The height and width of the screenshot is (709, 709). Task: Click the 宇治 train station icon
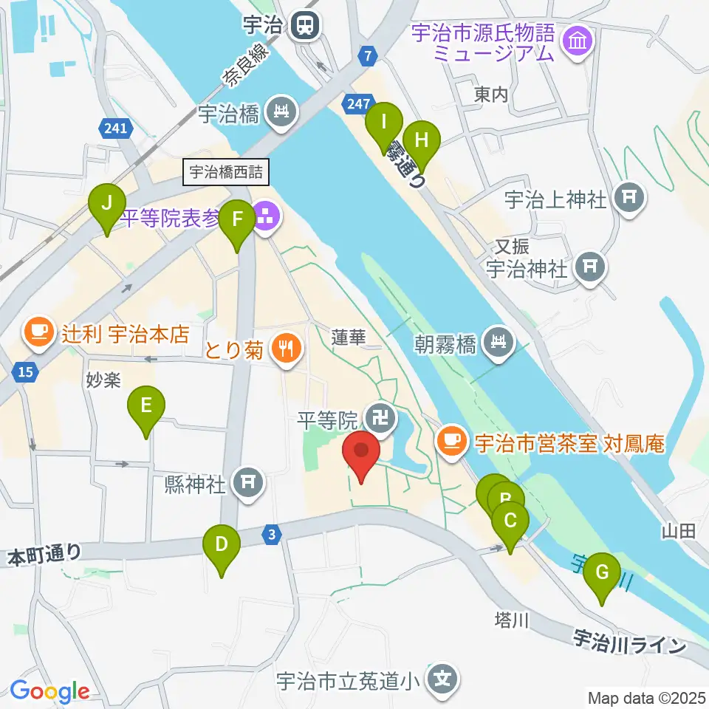304,26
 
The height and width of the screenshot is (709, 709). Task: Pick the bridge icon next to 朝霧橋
499,343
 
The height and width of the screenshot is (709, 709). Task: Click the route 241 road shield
116,129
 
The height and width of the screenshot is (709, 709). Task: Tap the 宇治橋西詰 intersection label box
226,173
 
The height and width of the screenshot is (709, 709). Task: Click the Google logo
49,692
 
